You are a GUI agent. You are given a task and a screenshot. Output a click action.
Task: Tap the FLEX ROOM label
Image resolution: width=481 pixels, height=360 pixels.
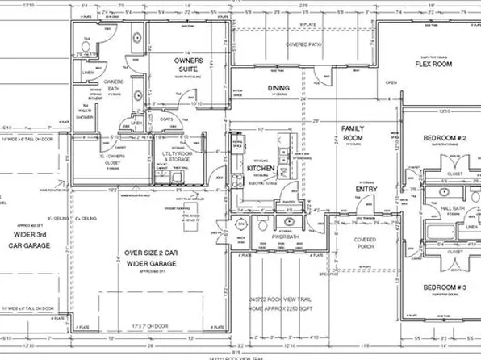(433, 64)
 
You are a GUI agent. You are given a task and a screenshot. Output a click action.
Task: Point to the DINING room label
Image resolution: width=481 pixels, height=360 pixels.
(278, 88)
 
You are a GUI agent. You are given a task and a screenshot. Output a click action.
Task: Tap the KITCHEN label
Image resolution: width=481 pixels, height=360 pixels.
(262, 170)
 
